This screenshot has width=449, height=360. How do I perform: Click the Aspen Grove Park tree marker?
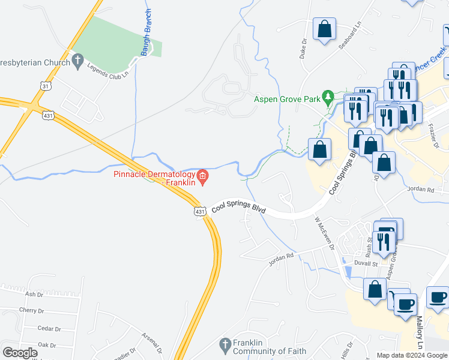point(328,96)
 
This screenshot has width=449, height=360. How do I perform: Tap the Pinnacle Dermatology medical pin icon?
point(203,176)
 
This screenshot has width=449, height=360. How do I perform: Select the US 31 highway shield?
point(46,86)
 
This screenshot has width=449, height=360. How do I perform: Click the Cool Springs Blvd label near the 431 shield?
point(238,208)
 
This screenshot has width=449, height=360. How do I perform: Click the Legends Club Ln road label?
point(109,71)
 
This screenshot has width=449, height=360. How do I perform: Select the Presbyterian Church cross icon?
point(77,60)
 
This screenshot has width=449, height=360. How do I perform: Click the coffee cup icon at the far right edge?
point(438,297)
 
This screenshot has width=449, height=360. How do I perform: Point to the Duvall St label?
point(365,263)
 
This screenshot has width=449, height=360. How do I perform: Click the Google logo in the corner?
point(20,353)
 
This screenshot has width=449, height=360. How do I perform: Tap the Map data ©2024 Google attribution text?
point(411,355)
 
